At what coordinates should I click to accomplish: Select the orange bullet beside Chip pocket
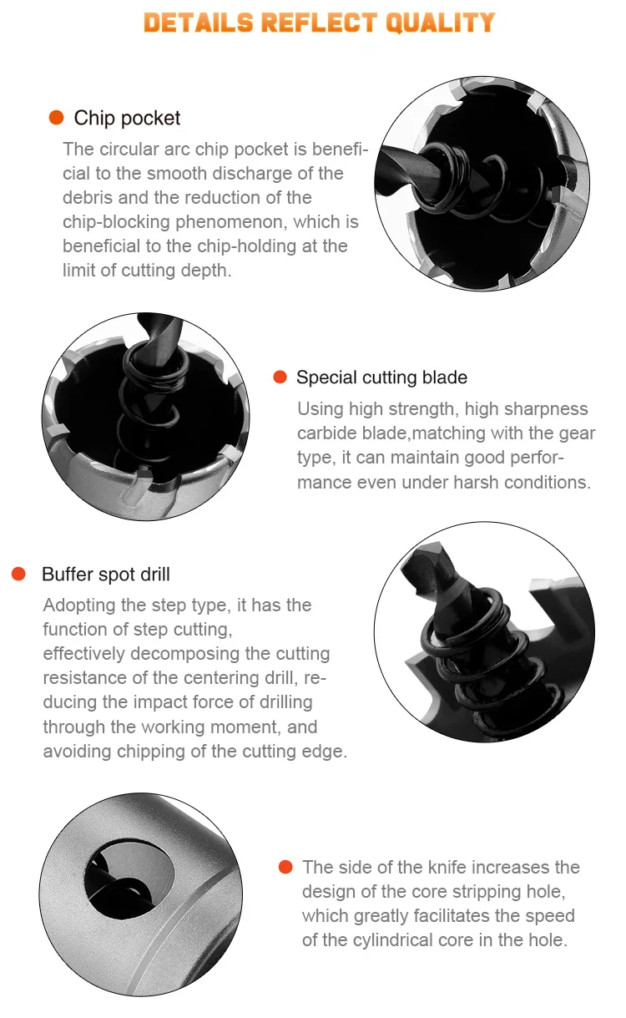[56, 117]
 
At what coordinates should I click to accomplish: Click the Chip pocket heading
[127, 118]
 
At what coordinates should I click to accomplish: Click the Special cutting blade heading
[381, 377]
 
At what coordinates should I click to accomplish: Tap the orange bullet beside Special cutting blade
[280, 377]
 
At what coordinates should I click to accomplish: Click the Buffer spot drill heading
[106, 574]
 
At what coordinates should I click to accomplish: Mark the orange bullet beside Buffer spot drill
[18, 574]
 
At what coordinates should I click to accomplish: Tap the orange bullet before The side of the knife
[285, 867]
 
